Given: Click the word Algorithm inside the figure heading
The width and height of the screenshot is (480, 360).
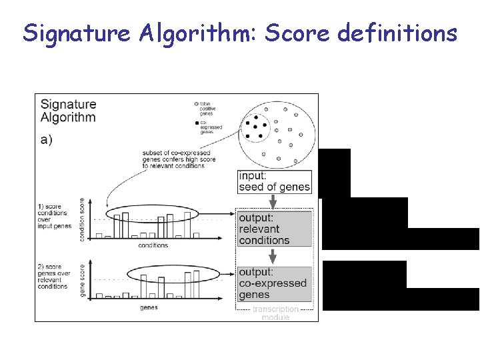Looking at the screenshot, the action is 68,118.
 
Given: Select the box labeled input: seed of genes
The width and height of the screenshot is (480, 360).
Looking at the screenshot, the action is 275,181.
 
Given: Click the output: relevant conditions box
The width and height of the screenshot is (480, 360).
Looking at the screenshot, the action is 274,229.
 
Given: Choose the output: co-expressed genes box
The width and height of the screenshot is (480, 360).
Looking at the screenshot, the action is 274,283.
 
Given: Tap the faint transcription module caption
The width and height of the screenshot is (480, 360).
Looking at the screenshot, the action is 275,313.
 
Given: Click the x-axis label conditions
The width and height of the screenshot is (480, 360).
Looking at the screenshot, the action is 153,245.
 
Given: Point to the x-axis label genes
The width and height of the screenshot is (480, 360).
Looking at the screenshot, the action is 149,307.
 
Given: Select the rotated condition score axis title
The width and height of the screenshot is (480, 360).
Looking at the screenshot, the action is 83,219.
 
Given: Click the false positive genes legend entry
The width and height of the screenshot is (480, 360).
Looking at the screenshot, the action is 211,108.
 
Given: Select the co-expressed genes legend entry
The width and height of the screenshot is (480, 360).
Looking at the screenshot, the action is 211,127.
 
